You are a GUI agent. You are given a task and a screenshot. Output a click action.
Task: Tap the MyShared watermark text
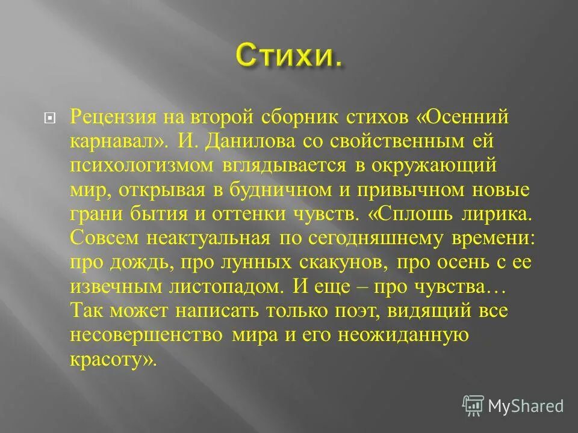525,406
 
